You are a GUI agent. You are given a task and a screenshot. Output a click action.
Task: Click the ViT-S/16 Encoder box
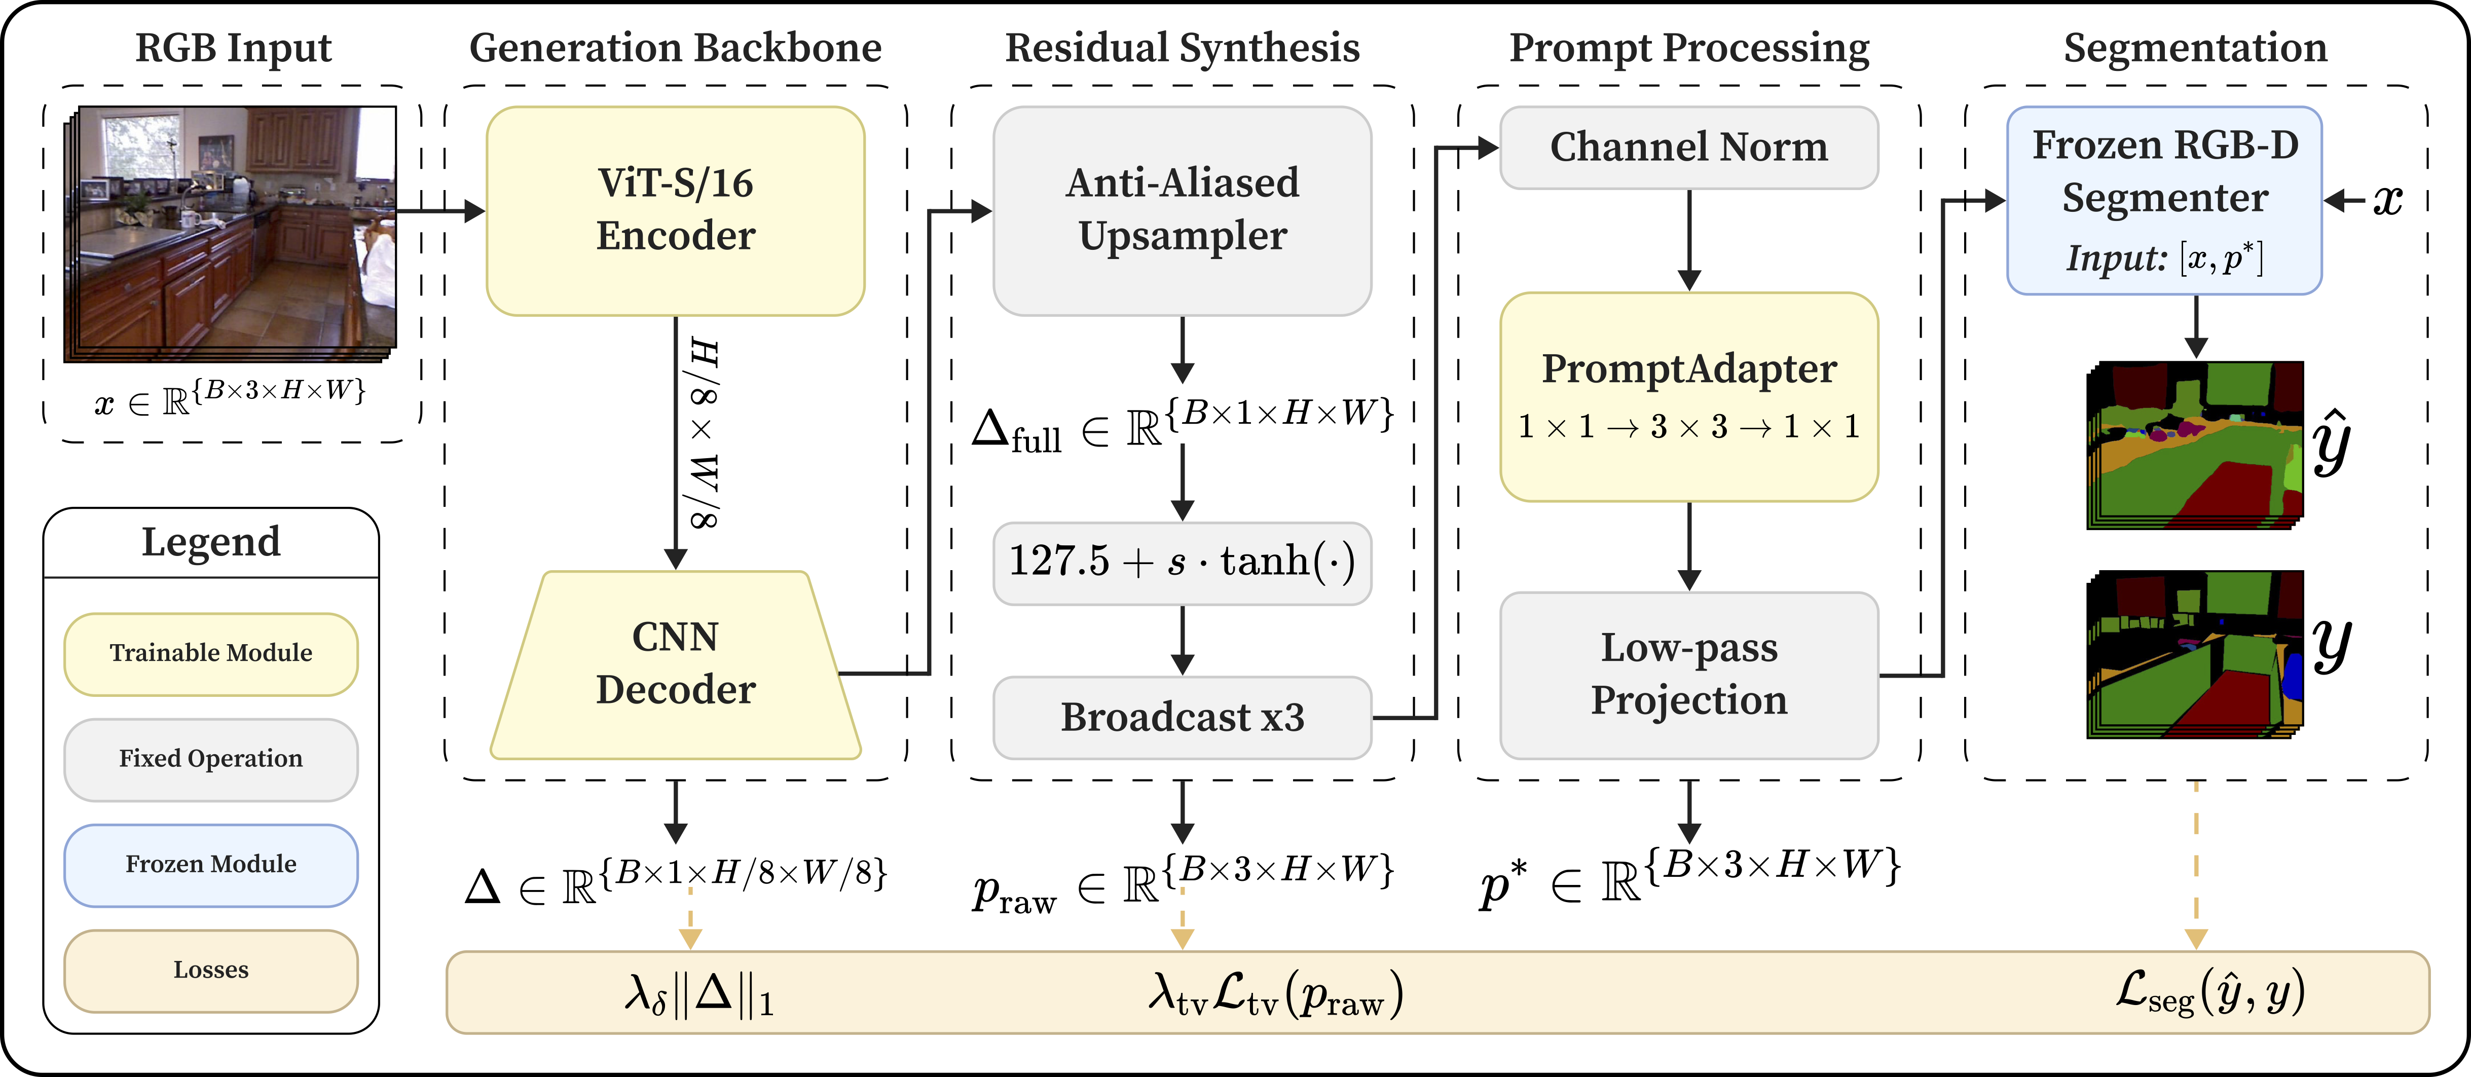[x=675, y=210]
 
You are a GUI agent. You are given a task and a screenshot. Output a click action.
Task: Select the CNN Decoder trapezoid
[x=675, y=664]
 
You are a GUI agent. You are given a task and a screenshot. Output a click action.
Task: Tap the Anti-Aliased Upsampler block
[x=1182, y=210]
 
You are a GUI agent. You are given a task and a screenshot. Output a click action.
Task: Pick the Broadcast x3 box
[x=1182, y=717]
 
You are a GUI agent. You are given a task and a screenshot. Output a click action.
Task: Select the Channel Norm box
[x=1688, y=147]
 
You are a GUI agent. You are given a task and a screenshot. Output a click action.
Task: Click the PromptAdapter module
[x=1688, y=396]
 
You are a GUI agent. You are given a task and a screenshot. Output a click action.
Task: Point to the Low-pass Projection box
[x=1688, y=674]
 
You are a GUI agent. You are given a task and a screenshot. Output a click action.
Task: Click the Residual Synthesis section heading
[x=1182, y=48]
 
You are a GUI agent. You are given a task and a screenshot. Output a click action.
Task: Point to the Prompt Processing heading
[x=1688, y=48]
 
